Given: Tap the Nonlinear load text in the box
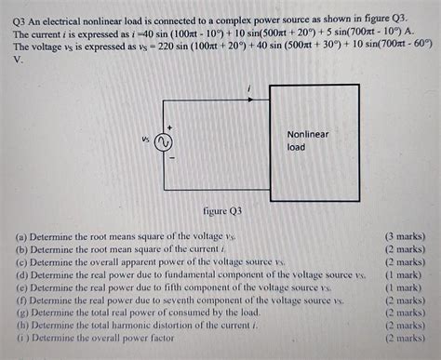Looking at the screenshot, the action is pos(307,140).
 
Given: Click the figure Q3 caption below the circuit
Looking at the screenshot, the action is pos(221,211).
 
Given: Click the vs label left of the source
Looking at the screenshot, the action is pos(146,141).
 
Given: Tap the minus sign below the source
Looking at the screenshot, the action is pos(170,159).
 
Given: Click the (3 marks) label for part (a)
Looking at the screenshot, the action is pos(406,237).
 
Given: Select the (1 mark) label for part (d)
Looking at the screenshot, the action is pos(408,275).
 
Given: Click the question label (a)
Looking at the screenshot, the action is pos(21,237).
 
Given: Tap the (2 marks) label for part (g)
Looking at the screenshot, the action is pos(406,313).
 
